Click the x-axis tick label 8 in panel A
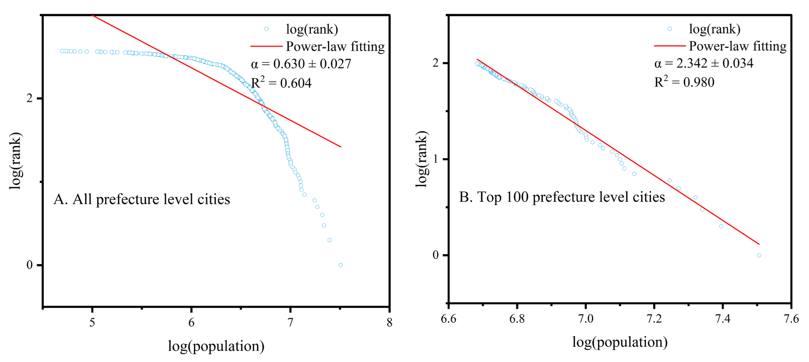point(389,322)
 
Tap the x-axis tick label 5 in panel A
point(92,322)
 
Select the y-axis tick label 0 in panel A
point(29,265)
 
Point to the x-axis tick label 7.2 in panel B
point(654,319)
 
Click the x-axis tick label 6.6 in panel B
point(448,319)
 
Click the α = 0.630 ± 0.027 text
point(301,64)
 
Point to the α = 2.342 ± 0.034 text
point(703,63)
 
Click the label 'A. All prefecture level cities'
point(142,199)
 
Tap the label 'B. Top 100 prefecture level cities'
point(562,197)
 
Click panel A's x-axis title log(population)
point(216,346)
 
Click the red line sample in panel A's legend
point(266,46)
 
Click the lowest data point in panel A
point(340,265)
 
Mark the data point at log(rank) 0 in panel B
point(759,255)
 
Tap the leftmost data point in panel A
point(62,51)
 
